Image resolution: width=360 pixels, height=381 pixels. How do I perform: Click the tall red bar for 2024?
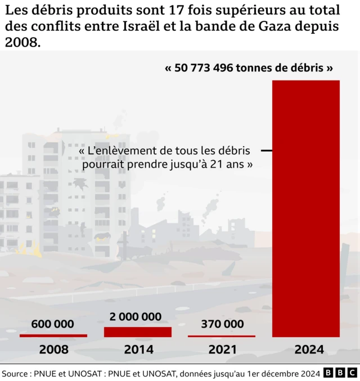[x=306, y=208]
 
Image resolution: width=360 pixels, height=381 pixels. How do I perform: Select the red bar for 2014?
[x=138, y=332]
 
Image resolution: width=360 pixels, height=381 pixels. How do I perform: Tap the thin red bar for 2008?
[x=53, y=335]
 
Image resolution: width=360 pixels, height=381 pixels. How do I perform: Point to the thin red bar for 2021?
[x=222, y=336]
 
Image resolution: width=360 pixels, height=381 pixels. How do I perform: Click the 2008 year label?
[x=53, y=350]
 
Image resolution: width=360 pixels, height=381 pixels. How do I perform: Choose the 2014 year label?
[x=138, y=350]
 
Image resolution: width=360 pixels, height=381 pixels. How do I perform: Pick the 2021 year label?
[x=222, y=350]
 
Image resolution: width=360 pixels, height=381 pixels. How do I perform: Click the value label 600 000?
[x=53, y=324]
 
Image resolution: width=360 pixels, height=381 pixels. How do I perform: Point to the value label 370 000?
[x=222, y=324]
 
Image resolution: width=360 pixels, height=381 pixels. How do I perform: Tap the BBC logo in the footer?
[x=340, y=373]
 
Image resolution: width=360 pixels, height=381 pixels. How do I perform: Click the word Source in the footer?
[x=16, y=373]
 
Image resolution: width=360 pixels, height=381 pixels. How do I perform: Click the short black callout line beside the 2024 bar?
[x=267, y=151]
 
